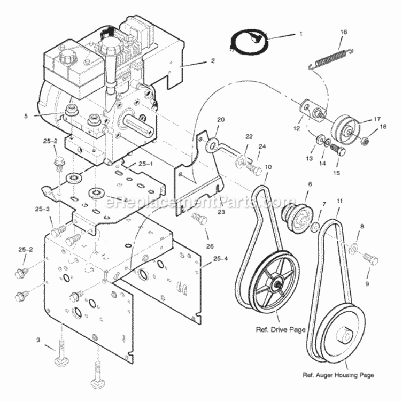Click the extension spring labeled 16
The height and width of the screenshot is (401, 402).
tap(331, 58)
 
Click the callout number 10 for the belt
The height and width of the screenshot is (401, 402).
tap(268, 167)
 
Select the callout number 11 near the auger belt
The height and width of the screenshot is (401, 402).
tap(339, 201)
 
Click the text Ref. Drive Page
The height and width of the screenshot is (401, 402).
tap(281, 329)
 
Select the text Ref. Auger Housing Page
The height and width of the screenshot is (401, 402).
tap(338, 375)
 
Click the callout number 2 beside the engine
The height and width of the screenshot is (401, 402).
tap(213, 61)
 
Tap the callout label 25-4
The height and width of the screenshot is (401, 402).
tap(220, 258)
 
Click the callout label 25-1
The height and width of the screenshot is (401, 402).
tap(145, 164)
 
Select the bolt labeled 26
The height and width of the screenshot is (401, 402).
tap(199, 219)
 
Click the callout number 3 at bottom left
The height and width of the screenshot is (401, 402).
tap(38, 340)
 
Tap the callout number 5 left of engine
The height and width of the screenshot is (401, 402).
tap(26, 116)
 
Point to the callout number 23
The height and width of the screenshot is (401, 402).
tap(221, 212)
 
